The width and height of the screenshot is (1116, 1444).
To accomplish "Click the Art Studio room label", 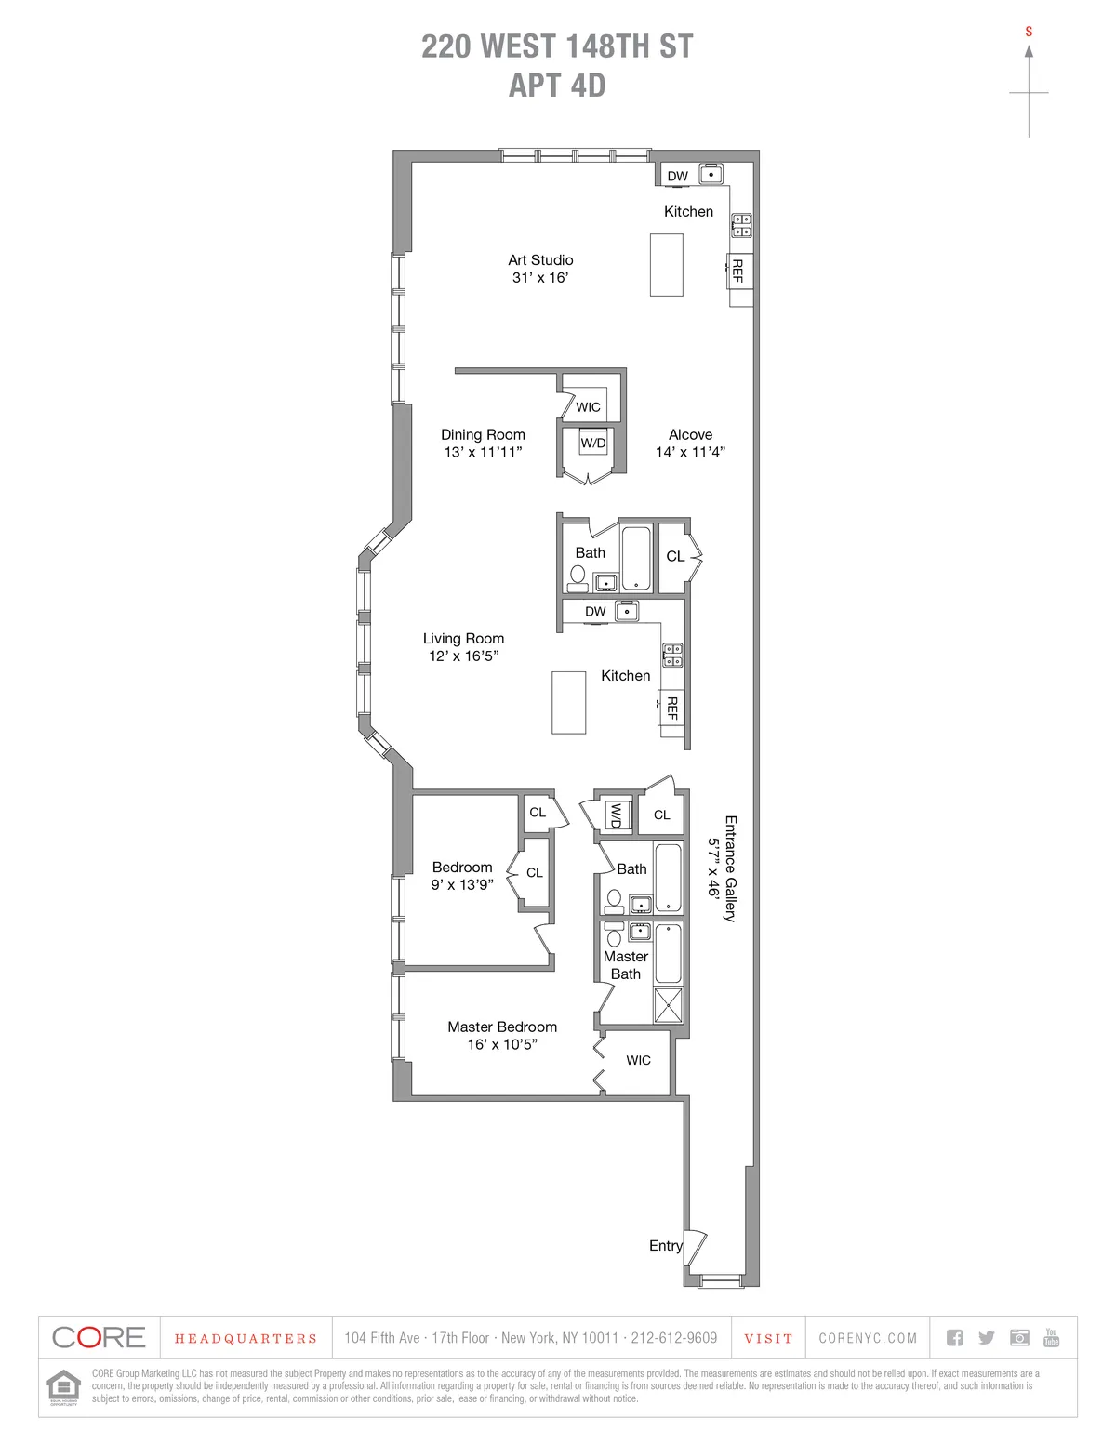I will [540, 260].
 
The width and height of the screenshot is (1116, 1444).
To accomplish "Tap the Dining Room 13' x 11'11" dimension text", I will [483, 452].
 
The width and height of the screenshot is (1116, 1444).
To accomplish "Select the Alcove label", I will [690, 434].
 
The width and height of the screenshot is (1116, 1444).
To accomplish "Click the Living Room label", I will [463, 639].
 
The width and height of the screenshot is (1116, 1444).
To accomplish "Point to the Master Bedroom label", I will [502, 1027].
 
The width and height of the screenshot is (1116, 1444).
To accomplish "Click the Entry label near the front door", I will [665, 1245].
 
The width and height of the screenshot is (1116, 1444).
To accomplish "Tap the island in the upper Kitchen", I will [666, 265].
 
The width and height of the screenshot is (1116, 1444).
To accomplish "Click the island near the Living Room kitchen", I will [568, 702].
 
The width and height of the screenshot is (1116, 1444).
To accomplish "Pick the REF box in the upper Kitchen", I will [738, 271].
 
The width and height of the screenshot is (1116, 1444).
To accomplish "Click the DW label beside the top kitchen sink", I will [678, 176].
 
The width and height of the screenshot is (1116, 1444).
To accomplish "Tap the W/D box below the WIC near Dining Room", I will [593, 444].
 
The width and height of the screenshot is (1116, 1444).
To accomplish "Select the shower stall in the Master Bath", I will [668, 1005].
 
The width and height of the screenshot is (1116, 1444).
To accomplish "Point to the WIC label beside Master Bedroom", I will [638, 1060].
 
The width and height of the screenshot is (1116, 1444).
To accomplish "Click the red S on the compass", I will [1029, 32].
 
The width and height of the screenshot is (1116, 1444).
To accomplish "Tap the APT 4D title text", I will [557, 86].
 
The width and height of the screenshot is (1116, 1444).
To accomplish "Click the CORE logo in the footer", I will [99, 1337].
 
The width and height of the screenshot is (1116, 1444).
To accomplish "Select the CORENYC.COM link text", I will [868, 1338].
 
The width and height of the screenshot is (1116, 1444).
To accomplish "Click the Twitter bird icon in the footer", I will [987, 1337].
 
